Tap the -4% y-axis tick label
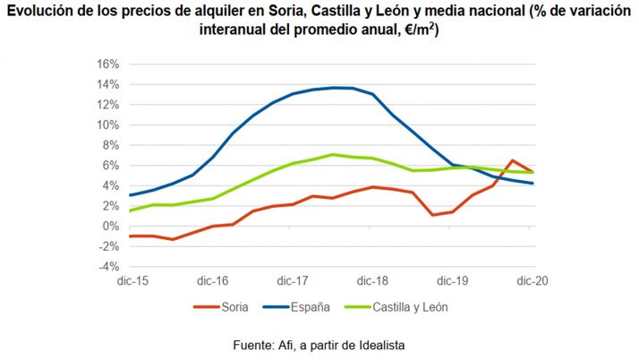click(107, 266)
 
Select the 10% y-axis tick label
click(106, 124)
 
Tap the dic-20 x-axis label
click(533, 280)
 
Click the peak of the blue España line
click(333, 88)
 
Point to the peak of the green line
click(332, 154)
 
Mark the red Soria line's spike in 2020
click(512, 160)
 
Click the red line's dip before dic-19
click(432, 215)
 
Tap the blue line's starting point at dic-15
click(130, 194)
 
